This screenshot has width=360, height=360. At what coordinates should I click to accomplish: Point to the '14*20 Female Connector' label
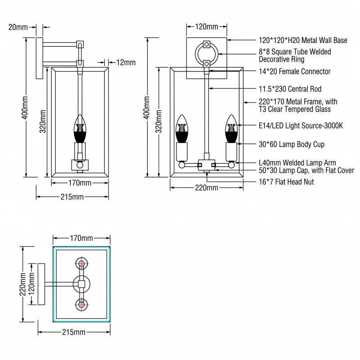(x=295, y=72)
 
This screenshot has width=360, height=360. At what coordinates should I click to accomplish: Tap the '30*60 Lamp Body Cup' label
(x=292, y=144)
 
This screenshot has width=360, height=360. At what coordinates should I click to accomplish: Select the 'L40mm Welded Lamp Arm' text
(x=297, y=163)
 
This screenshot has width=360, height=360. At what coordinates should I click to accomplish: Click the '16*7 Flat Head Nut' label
(x=286, y=182)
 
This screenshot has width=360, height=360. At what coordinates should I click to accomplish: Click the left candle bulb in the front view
(x=181, y=127)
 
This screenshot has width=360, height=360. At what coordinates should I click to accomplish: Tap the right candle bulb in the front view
(x=231, y=127)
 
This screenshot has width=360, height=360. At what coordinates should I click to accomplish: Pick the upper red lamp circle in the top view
(x=81, y=264)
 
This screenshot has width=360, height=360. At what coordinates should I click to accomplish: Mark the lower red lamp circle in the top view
(x=81, y=305)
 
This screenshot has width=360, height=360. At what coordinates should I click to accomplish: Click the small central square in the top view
(x=81, y=284)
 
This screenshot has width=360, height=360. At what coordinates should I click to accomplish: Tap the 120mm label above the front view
(x=207, y=27)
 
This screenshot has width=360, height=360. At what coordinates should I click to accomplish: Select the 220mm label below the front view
(x=207, y=188)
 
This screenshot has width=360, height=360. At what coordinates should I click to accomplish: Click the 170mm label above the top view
(x=81, y=238)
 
